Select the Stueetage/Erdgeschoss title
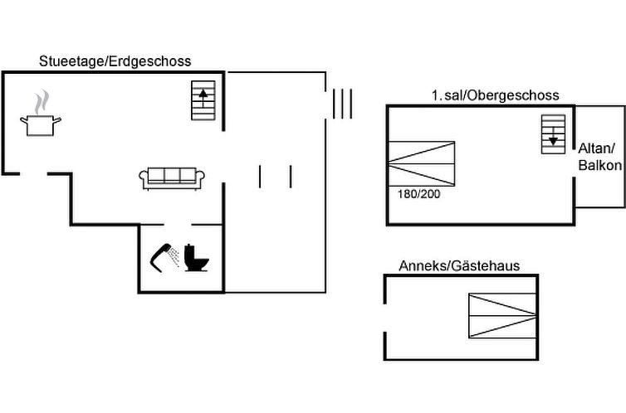click(115, 61)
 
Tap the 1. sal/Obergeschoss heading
click(495, 95)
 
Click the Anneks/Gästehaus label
click(459, 265)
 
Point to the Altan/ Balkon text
click(599, 157)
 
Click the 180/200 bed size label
click(414, 194)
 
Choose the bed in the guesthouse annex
click(503, 316)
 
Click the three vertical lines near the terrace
click(342, 104)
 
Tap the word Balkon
click(599, 166)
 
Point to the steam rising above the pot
click(40, 103)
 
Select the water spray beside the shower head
click(173, 258)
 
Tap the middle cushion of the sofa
click(173, 176)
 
